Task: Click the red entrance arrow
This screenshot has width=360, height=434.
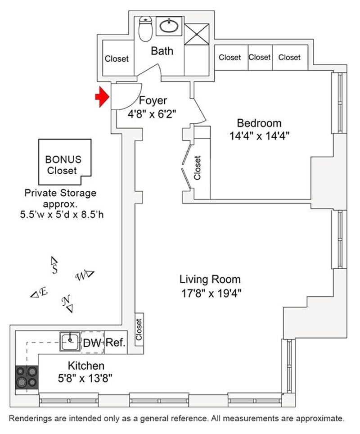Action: pos(102,97)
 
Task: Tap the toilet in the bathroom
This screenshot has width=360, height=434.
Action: pos(145,27)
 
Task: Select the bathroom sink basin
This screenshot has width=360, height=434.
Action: pos(168,27)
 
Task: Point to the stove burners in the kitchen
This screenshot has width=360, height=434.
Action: pos(27,377)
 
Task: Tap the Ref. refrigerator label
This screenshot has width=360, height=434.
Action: pos(115,343)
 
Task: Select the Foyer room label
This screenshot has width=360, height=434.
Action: pos(153,100)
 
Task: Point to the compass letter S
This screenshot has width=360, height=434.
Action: pos(54,269)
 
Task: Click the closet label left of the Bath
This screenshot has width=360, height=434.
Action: pos(117,59)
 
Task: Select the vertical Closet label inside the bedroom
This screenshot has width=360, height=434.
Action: pos(197,168)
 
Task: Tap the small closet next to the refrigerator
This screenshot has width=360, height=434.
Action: pos(139,330)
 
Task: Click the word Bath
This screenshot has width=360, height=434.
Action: pos(162,51)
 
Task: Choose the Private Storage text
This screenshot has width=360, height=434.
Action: pos(60,193)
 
